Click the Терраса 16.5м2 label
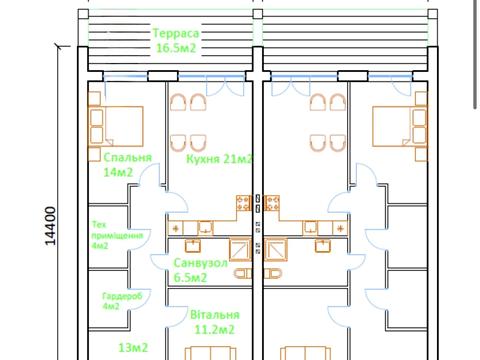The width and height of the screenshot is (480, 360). coord(176,41)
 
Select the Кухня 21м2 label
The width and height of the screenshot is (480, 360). coord(219,159)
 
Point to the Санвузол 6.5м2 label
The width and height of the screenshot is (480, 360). coord(200,270)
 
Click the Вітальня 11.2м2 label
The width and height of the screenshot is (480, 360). coord(215,322)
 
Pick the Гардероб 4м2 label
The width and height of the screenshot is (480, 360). coord(122,301)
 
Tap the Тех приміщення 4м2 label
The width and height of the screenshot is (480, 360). coord(117,235)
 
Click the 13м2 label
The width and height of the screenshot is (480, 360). coord(133,348)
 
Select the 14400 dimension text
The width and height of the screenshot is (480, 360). coord(50,226)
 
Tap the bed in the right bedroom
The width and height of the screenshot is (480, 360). coord(400,126)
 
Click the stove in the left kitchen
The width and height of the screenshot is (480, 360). coord(244,203)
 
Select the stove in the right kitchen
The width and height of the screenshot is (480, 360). coord(272,203)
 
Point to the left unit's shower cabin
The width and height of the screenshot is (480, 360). coord(240,249)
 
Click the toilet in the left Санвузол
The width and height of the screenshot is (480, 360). coord(243,274)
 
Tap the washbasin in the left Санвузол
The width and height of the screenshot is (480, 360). coord(193,245)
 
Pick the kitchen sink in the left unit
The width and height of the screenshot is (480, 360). coord(206,228)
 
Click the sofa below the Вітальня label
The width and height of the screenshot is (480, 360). coord(211,353)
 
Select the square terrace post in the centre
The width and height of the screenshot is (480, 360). coord(258,14)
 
